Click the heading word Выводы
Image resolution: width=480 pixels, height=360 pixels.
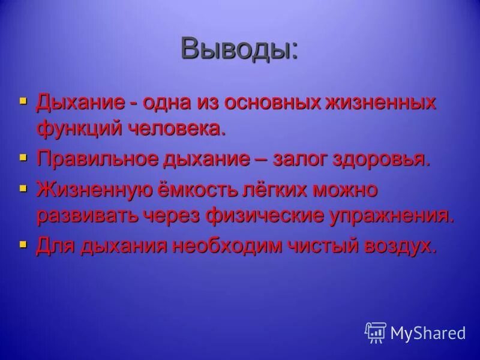click(x=239, y=48)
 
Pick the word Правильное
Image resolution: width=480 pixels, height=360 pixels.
click(x=95, y=159)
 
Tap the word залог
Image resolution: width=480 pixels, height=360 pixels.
click(x=303, y=159)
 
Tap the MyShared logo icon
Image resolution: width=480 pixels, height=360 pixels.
click(x=375, y=332)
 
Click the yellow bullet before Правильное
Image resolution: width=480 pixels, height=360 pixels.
click(x=23, y=158)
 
